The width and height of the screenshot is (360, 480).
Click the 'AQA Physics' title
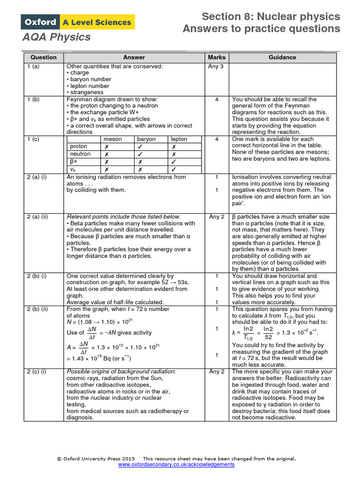[x=56, y=37]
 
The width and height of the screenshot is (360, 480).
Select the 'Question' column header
[x=44, y=57]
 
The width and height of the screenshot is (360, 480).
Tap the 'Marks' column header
[x=216, y=57]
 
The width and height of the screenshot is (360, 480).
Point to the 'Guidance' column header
[x=282, y=57]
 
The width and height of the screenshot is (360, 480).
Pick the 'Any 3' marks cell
[x=216, y=67]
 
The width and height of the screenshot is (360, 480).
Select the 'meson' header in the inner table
[x=112, y=139]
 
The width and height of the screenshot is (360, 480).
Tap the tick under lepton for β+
[x=174, y=162]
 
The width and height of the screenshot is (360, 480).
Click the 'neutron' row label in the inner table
[x=80, y=154]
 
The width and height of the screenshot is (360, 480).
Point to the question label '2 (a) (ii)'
[x=41, y=217]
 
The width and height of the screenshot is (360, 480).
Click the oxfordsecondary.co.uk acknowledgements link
[x=176, y=465]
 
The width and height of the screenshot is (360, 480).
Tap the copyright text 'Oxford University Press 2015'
[x=99, y=458]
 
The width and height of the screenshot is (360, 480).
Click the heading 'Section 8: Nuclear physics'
[x=270, y=17]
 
